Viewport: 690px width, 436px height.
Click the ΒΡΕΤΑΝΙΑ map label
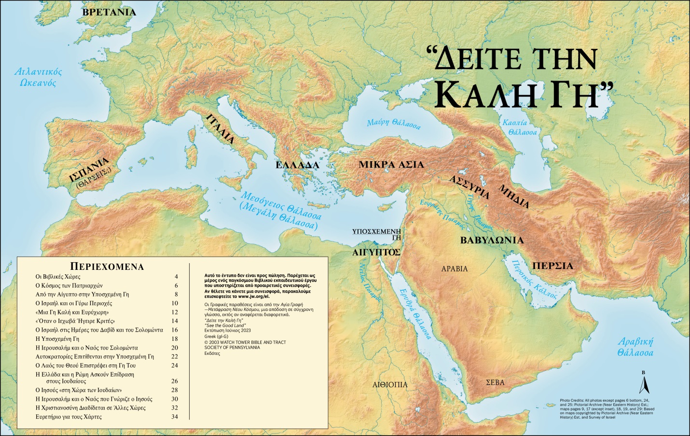[x=109, y=12]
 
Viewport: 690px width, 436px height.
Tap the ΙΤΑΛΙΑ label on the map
[x=221, y=129]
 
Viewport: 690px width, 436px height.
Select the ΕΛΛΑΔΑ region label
[x=297, y=165]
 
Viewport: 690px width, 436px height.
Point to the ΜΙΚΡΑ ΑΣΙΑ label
[x=391, y=165]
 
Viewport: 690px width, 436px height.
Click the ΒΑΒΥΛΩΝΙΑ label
[x=492, y=240]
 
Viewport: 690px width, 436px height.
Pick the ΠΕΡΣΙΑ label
[x=552, y=266]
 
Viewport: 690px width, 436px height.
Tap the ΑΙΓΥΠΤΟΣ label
[x=376, y=252]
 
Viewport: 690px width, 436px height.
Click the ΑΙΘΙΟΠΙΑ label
[x=390, y=385]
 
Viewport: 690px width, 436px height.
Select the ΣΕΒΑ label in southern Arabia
[x=495, y=382]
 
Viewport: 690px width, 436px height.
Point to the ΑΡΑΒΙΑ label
[x=455, y=269]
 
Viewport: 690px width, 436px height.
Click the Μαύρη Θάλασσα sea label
[x=393, y=124]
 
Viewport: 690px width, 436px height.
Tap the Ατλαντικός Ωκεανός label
[x=38, y=77]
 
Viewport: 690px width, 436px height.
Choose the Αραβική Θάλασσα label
[x=635, y=347]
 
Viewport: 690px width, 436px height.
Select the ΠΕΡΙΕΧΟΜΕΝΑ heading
[x=107, y=267]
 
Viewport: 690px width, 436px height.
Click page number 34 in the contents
[x=175, y=417]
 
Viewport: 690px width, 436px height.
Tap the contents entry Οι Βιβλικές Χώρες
[x=58, y=277]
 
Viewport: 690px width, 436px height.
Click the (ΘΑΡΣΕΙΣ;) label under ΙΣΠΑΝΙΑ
[x=94, y=178]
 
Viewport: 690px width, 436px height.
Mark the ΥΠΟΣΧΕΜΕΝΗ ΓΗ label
[x=377, y=234]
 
